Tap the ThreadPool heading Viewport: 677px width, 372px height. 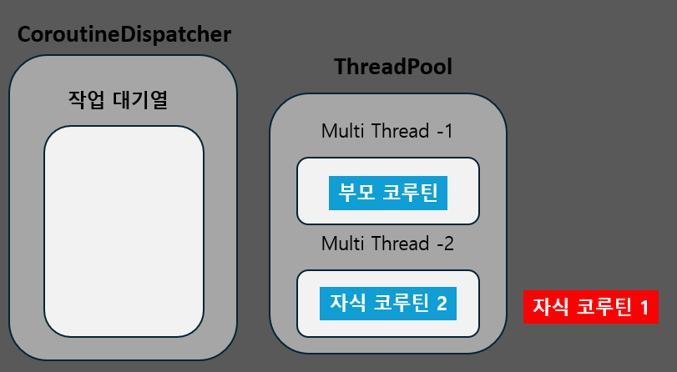[393, 67]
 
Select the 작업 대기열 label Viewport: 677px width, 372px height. [119, 100]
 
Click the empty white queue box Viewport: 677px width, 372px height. [124, 231]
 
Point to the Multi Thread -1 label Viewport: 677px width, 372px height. [387, 131]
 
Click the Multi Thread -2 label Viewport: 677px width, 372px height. [387, 244]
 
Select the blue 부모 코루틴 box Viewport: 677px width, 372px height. [388, 193]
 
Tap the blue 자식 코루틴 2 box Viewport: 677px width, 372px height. [388, 303]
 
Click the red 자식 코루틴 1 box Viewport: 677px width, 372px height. [591, 306]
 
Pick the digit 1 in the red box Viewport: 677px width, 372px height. [644, 307]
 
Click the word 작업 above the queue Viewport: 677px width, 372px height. [82, 100]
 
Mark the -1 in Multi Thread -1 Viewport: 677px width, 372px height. [445, 131]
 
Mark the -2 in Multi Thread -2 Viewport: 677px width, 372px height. [445, 244]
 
